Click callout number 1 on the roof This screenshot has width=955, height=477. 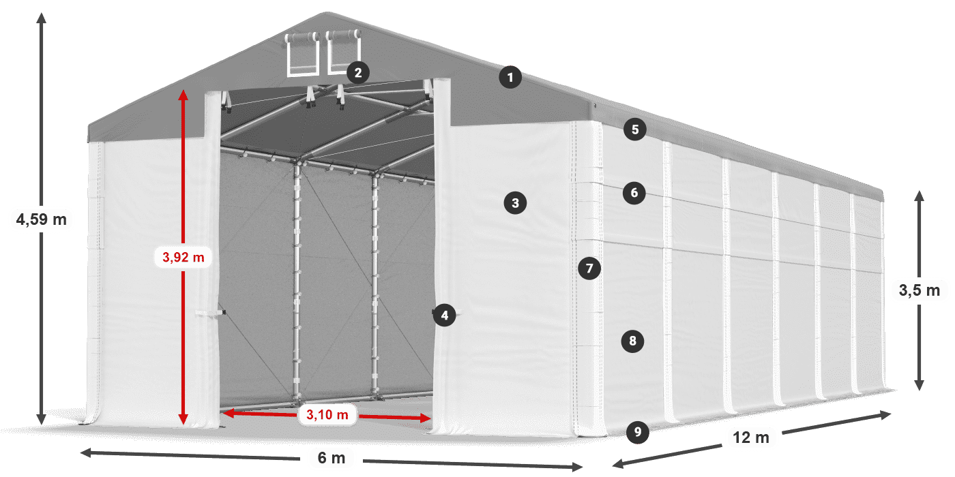coord(510,77)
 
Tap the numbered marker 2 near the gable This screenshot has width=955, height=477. coord(358,73)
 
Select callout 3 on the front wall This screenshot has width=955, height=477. coord(515,203)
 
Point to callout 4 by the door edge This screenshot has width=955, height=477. coord(444,315)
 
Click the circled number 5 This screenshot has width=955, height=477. coord(635,129)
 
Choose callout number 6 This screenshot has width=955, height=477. coord(634,192)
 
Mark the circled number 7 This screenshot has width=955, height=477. coord(589,268)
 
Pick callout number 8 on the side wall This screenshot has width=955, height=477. coord(633,341)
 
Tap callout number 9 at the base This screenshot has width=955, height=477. coord(638,432)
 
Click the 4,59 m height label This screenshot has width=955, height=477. coord(42,219)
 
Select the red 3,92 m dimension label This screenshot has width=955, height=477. coord(183,257)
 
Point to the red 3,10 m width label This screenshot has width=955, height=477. coord(327,414)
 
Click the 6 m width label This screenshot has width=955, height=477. coord(332,458)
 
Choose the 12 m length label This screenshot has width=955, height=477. coord(751,437)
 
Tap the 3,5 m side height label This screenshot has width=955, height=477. coord(920,290)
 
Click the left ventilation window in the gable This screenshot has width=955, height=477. coord(302,53)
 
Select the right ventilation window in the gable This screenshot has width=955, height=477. coord(344,51)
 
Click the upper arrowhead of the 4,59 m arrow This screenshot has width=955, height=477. coord(41,18)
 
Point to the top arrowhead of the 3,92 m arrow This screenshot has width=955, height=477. coord(183,95)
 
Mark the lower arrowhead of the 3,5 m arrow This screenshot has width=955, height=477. coord(920,385)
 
